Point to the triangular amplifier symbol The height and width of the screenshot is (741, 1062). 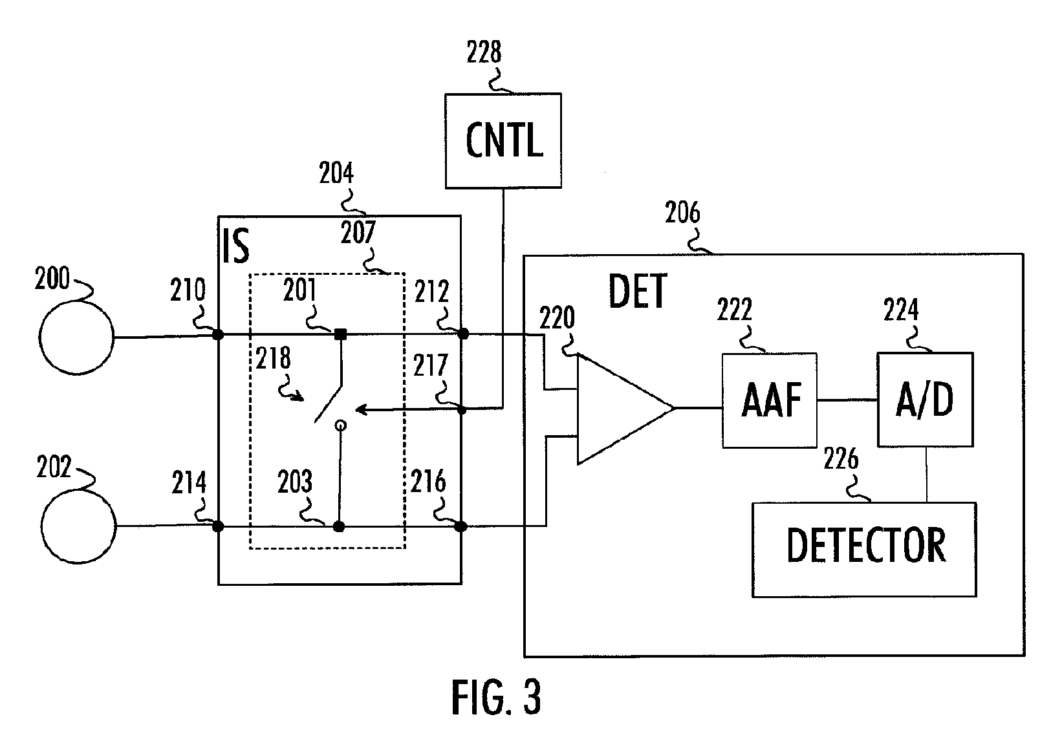(625, 409)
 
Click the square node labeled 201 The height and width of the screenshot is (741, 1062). (340, 334)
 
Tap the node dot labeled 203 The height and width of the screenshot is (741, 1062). (338, 526)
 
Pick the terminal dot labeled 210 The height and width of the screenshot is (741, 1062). (217, 335)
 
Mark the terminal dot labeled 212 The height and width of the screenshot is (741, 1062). (462, 334)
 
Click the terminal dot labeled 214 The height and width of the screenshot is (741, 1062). (217, 526)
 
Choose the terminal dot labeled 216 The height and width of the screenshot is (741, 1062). (461, 526)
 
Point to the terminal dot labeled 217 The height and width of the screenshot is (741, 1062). (462, 409)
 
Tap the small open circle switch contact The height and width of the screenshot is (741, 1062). (340, 425)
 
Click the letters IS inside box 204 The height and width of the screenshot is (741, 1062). (235, 246)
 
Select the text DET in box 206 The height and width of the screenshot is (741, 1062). (638, 291)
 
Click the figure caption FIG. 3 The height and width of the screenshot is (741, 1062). (496, 696)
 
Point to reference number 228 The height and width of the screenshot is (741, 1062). (484, 52)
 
